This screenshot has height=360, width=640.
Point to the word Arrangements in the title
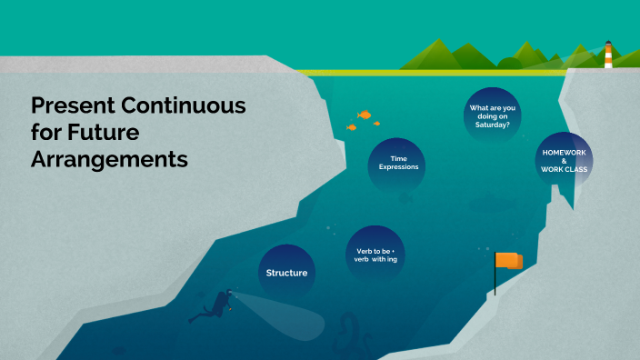pos(109,159)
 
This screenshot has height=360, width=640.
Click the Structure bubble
pos(286,273)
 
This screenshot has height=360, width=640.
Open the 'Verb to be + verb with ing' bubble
pos(375,255)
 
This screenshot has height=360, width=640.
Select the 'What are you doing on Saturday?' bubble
pos(492,116)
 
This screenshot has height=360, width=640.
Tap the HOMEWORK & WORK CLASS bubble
pos(563,160)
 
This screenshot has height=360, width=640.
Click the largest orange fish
pos(365,115)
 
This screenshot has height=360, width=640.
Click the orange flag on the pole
pos(509,261)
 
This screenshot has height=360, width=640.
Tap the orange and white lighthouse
pos(608,56)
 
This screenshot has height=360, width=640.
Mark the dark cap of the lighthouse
pos(608,43)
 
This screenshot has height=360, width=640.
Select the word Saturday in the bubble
pos(492,125)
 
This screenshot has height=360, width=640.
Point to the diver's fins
pos(195,317)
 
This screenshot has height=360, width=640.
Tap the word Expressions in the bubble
pos(398,168)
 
